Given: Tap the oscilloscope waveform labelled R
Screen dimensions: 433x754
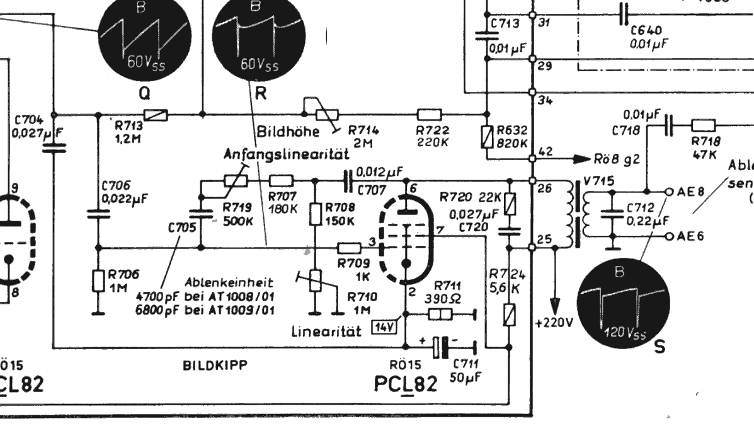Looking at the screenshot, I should [255, 38].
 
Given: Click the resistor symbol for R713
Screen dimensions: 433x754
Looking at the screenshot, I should [155, 115].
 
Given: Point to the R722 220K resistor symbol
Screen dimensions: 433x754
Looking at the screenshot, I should [430, 115].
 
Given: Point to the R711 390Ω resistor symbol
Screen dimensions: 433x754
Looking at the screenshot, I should [440, 313].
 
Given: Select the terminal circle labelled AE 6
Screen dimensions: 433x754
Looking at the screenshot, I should [669, 219].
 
